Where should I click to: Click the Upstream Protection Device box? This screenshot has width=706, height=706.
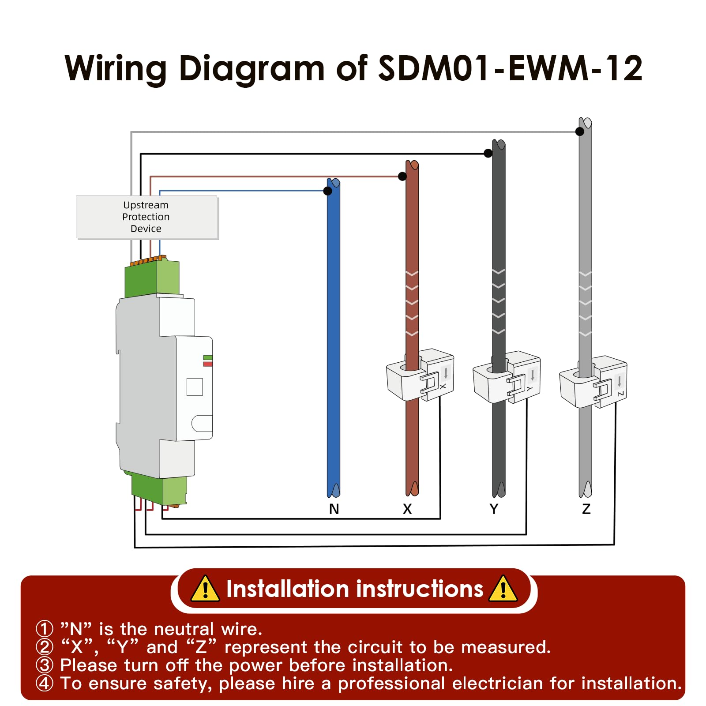tap(147, 217)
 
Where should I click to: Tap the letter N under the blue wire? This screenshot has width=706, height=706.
tap(334, 509)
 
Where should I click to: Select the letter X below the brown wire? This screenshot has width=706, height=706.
tap(407, 509)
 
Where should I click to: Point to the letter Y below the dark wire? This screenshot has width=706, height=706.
tap(494, 509)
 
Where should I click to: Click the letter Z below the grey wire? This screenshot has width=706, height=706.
tap(586, 509)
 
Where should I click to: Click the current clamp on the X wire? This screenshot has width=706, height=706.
tap(420, 375)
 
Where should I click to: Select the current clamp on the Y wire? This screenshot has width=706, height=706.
tap(507, 377)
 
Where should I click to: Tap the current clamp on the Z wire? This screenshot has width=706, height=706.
tap(593, 382)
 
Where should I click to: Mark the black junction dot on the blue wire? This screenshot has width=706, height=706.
tap(327, 191)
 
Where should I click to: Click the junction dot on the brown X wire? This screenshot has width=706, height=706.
tap(402, 176)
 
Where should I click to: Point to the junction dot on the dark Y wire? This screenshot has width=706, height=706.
tap(488, 153)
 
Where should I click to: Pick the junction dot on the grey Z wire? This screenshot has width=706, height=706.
tap(580, 131)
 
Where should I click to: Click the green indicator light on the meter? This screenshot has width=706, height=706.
tap(208, 357)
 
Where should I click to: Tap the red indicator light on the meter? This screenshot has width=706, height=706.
tap(208, 364)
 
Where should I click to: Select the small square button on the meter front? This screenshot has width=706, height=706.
tap(195, 387)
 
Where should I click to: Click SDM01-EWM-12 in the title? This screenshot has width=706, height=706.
tap(510, 68)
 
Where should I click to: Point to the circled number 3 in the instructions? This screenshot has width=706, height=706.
tap(45, 665)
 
